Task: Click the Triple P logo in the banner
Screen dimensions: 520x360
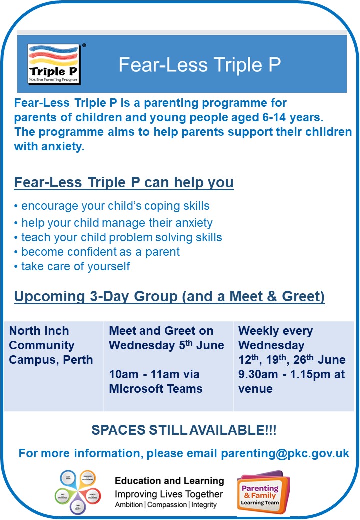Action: click(55, 63)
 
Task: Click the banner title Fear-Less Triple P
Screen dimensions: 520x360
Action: click(199, 64)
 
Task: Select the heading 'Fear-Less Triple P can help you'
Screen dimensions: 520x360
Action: click(124, 183)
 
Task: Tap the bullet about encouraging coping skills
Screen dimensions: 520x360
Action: click(112, 206)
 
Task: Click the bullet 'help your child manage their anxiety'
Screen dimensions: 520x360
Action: click(114, 223)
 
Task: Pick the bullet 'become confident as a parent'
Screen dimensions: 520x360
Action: click(97, 252)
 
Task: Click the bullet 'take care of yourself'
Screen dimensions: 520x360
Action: click(72, 266)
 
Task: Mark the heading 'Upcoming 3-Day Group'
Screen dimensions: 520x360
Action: click(169, 296)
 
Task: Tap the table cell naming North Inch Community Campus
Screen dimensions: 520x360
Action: click(51, 345)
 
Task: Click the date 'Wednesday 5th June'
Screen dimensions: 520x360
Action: click(166, 345)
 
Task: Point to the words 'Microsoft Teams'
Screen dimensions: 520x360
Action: click(156, 389)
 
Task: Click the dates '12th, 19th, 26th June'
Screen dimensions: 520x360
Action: click(292, 360)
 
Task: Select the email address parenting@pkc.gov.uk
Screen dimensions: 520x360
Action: click(285, 453)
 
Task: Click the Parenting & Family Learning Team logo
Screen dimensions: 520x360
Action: click(263, 492)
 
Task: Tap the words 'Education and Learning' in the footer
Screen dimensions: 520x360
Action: click(169, 481)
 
